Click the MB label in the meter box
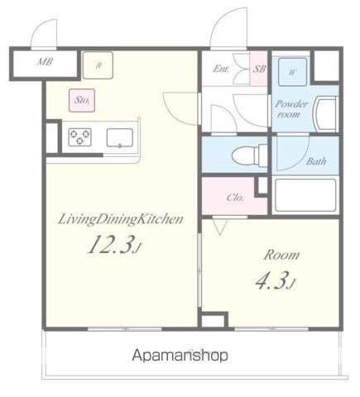(45, 61)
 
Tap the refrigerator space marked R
(98, 65)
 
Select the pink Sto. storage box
(82, 100)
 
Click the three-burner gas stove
(80, 136)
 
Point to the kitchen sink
(120, 137)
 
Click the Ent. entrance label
(221, 69)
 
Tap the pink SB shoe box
(259, 68)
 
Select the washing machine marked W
(292, 72)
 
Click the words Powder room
(291, 109)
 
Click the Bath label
(316, 161)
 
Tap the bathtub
(305, 195)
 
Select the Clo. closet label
(235, 198)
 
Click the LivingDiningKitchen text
(121, 220)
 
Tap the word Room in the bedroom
(281, 255)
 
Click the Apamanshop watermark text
(180, 356)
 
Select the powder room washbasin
(327, 112)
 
